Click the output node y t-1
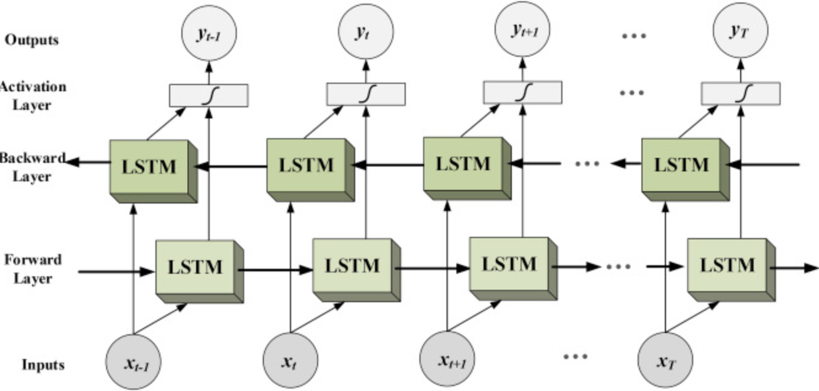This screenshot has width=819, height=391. coord(208,33)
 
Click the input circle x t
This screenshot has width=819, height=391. coord(290,361)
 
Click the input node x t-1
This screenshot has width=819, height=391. coord(133,363)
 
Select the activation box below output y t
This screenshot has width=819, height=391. coord(366,94)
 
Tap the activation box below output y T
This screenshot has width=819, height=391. coord(741,93)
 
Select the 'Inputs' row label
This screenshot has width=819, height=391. coord(43,364)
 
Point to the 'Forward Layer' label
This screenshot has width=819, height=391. coord(34,268)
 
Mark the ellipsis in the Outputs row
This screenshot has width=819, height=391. coord(633,36)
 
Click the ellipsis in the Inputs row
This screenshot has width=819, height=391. coord(575,356)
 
